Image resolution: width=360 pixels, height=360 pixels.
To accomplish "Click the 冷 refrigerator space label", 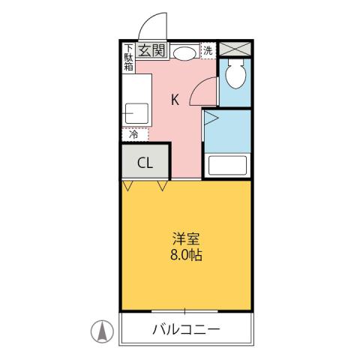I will [x=133, y=136].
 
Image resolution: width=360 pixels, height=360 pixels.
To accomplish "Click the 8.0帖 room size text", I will [x=186, y=255].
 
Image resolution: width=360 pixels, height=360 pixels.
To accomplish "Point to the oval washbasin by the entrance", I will [x=184, y=52].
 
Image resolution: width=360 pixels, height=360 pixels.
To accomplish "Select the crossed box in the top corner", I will [x=234, y=49].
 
